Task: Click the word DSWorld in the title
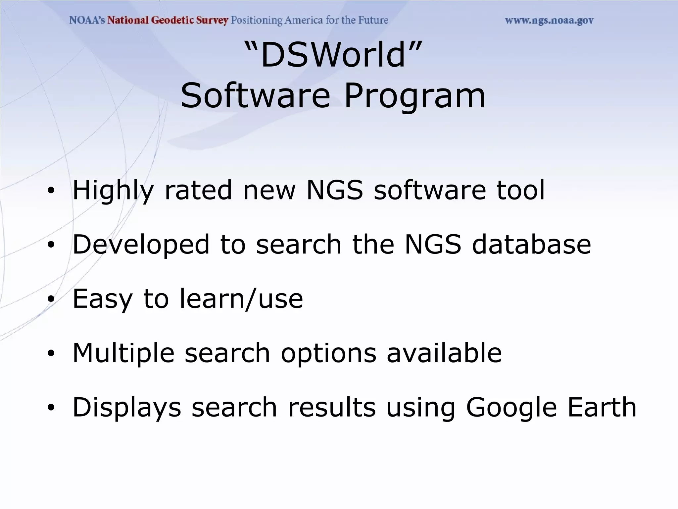(333, 55)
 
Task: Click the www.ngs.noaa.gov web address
(549, 21)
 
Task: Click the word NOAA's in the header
(87, 20)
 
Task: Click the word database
(531, 245)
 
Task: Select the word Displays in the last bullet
(127, 408)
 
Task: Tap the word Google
(511, 408)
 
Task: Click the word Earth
(602, 407)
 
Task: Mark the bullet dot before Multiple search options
(51, 354)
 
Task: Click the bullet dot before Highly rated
(51, 191)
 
